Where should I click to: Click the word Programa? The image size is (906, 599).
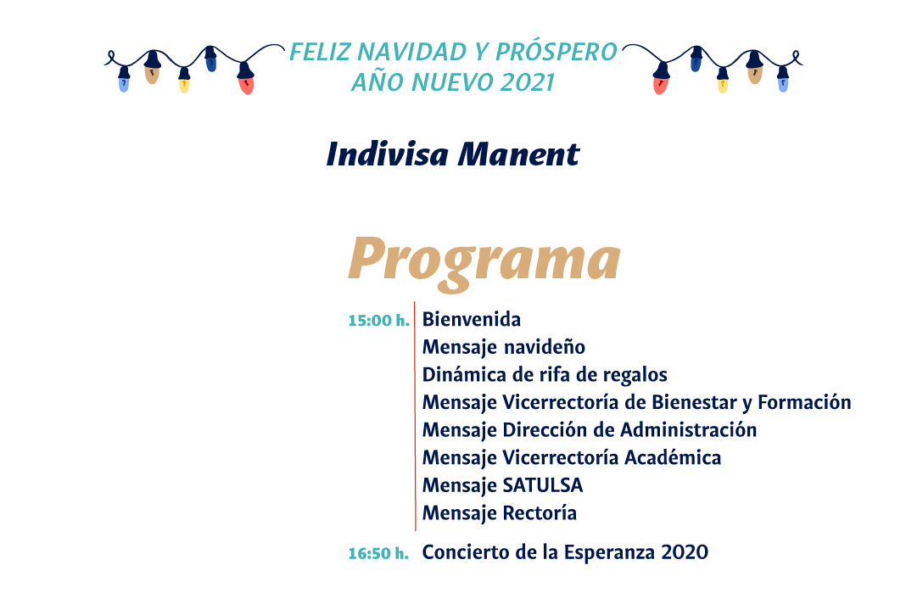[x=484, y=261]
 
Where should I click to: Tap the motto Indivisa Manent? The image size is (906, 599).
[x=453, y=154]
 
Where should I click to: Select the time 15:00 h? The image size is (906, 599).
[x=379, y=320]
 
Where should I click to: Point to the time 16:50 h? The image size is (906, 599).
[x=378, y=553]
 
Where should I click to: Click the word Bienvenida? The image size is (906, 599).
[x=472, y=319]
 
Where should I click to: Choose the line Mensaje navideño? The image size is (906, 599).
[x=504, y=347]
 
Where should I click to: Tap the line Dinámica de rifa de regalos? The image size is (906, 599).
[x=545, y=375]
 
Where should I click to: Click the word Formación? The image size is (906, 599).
[x=804, y=402]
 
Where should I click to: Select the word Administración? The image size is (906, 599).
[x=688, y=430]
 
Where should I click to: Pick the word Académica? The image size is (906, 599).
[x=673, y=457]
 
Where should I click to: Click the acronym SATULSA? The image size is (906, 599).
[x=543, y=485]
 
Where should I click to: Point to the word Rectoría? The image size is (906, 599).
[x=540, y=513]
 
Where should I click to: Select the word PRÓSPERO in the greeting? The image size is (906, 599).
[x=556, y=52]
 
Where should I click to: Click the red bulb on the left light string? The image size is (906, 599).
[x=246, y=85]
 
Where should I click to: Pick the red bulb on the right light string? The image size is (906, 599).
[x=661, y=85]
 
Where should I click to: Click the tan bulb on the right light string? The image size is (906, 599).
[x=755, y=75]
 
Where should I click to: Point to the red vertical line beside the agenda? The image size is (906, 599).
[x=415, y=416]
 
